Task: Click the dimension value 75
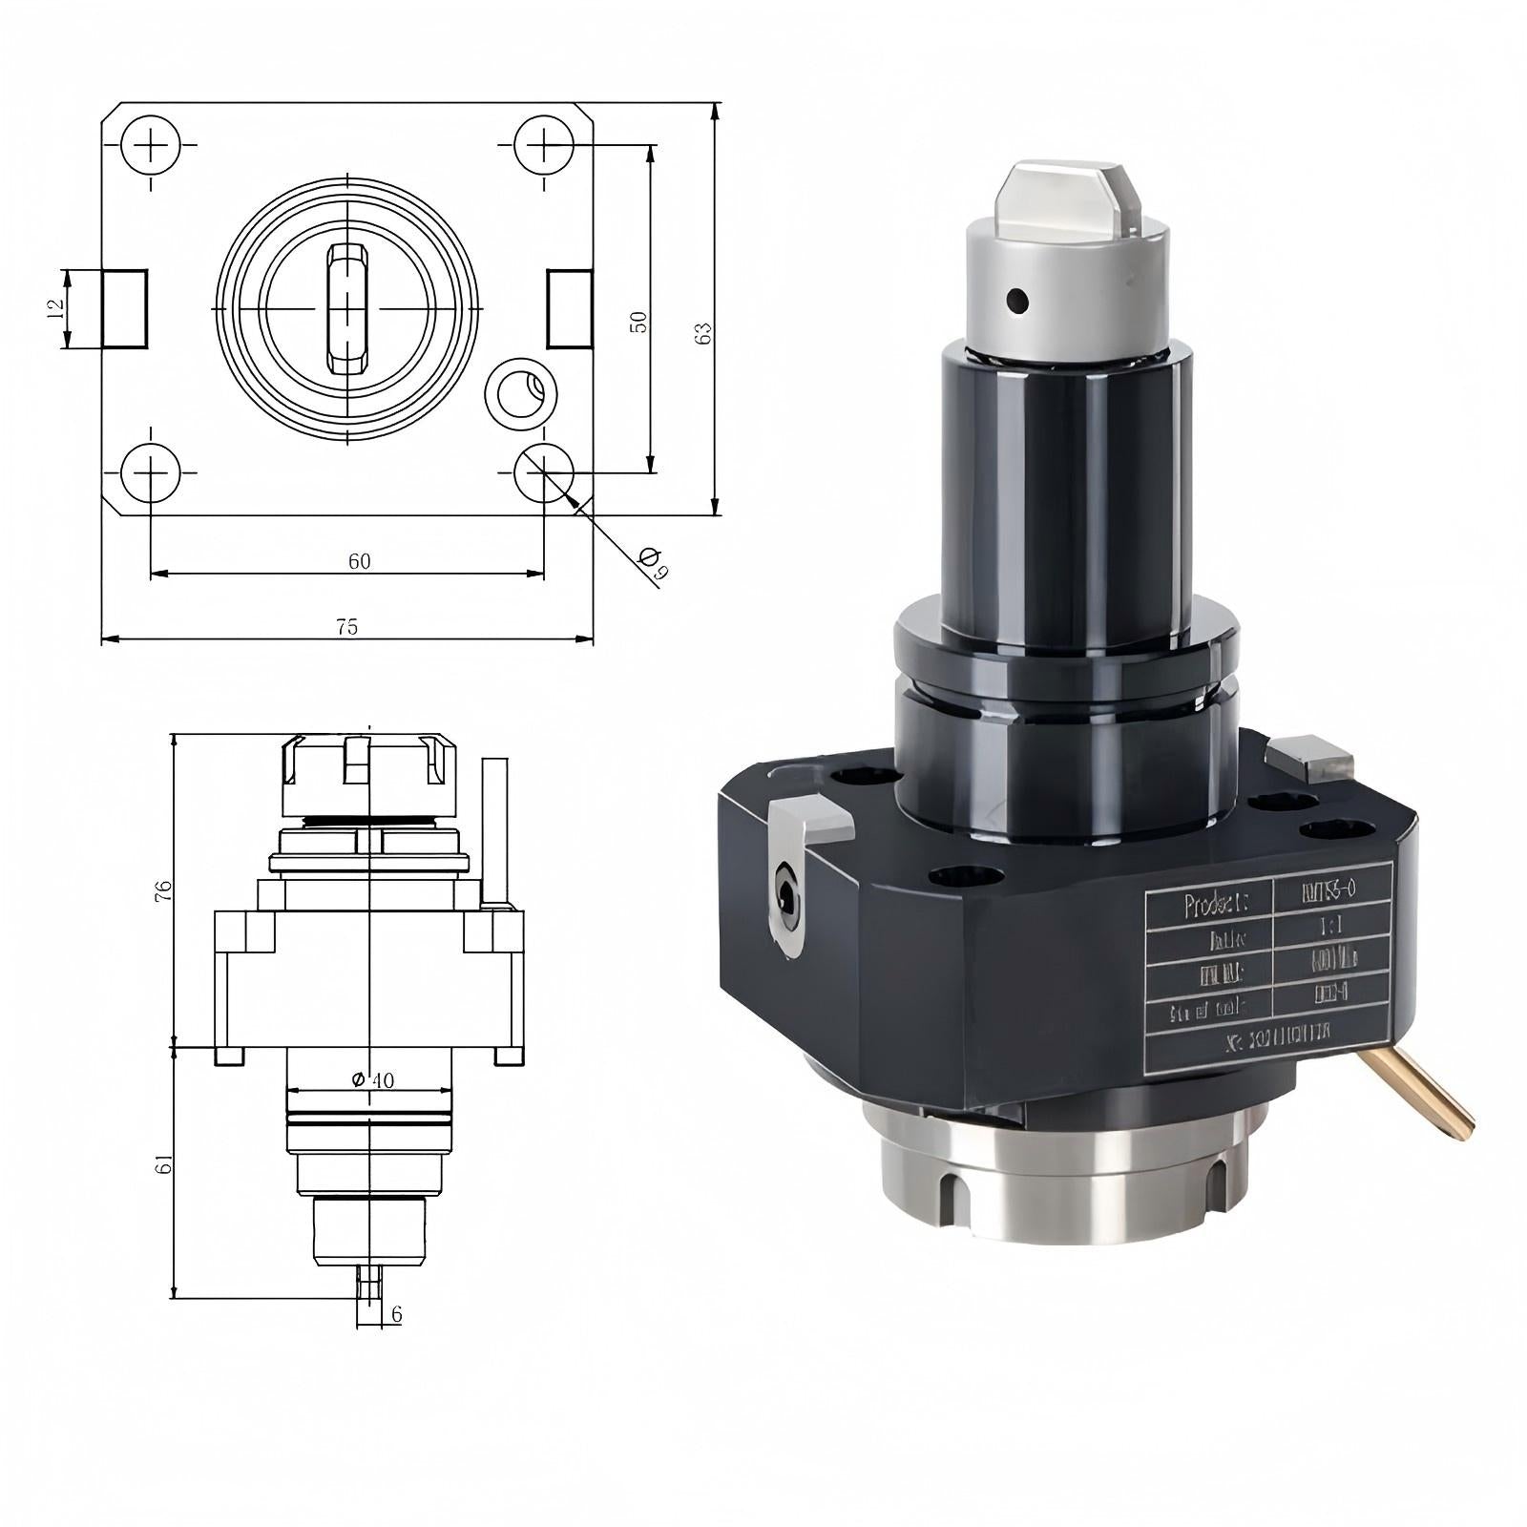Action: tap(347, 627)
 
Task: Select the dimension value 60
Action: tap(359, 561)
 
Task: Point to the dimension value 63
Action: tap(704, 333)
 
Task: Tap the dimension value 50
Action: tap(639, 322)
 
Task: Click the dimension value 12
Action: tap(55, 308)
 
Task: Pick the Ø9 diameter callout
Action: tap(654, 563)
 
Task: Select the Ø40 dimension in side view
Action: tap(372, 1079)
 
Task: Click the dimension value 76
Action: tap(164, 891)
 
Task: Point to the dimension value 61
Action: tap(164, 1164)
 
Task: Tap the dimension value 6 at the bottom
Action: tap(396, 1315)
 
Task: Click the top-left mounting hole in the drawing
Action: tap(151, 145)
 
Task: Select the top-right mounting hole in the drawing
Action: tap(544, 145)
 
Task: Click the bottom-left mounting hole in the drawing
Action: tap(151, 472)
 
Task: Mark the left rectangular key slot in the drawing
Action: tap(125, 308)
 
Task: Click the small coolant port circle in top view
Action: tap(520, 392)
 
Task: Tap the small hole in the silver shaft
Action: tap(1018, 302)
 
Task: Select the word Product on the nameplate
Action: tap(1210, 905)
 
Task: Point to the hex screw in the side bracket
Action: tap(785, 894)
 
